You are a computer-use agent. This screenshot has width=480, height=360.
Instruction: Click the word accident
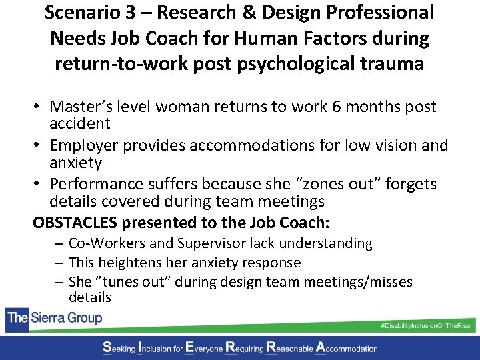[x=80, y=123]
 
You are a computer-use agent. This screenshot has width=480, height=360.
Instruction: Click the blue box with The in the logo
[x=16, y=317]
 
